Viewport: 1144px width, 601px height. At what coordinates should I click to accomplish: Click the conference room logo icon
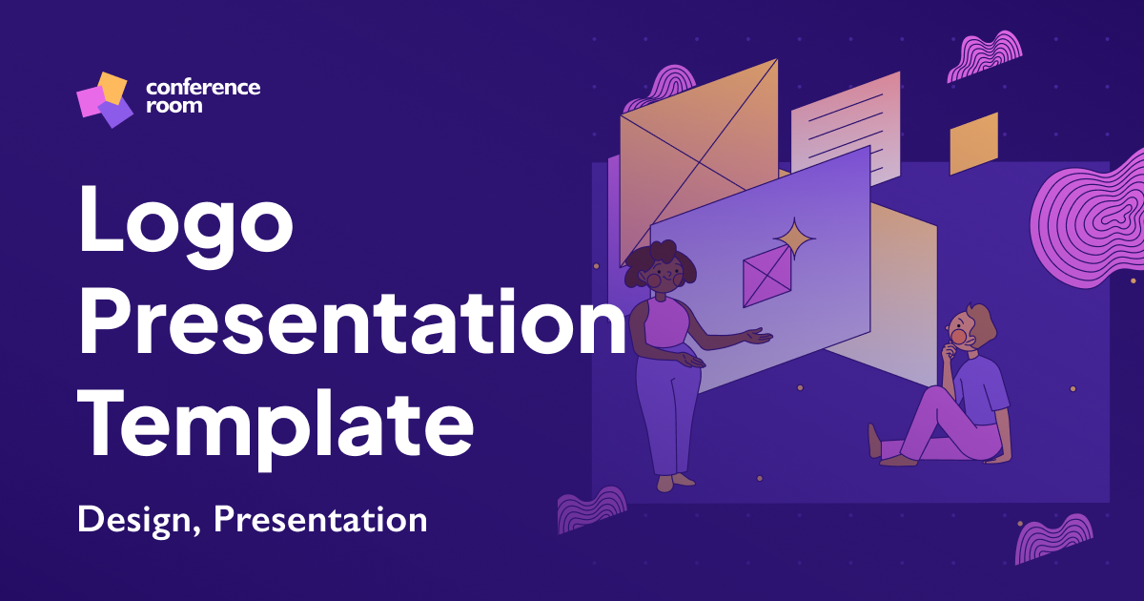coord(104,99)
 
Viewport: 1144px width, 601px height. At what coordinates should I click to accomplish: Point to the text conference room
coord(202,96)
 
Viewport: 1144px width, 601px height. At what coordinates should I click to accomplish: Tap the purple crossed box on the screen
coord(766,276)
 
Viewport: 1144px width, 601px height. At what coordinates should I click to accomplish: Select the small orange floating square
coord(973,144)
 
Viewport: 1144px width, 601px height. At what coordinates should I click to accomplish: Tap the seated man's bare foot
coord(875,441)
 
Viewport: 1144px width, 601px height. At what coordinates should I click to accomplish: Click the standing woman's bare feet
coord(672,482)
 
